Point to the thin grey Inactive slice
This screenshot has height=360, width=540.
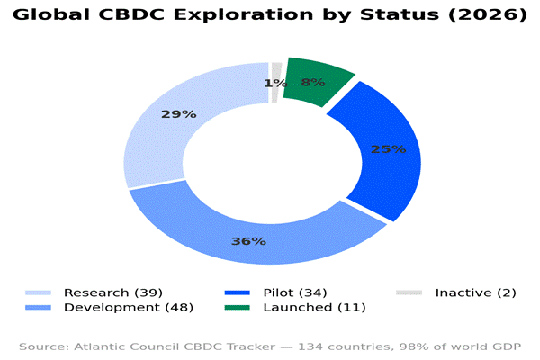276,83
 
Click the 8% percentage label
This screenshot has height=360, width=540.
313,82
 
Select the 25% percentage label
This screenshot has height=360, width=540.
389,149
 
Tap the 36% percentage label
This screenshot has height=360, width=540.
248,241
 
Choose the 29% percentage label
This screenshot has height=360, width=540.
179,114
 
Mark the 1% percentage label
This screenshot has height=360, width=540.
275,83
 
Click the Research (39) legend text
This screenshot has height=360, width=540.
113,292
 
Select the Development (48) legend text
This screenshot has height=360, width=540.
129,307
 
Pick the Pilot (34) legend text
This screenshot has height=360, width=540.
295,292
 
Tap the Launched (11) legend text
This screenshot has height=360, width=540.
314,307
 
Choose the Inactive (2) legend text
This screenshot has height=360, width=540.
475,292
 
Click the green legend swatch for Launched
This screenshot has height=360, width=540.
238,307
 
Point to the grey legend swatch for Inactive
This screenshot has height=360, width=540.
409,292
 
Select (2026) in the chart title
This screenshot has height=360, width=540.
488,14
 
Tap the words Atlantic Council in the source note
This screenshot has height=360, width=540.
127,346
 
